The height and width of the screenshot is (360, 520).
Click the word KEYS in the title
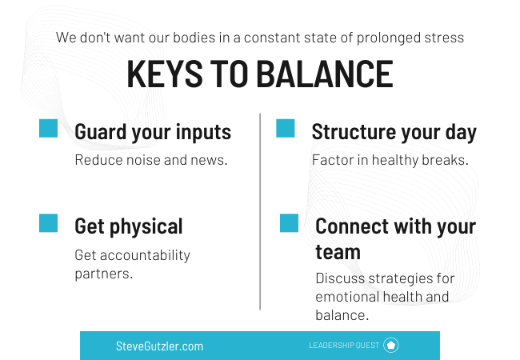click(x=165, y=74)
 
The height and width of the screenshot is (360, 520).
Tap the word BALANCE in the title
click(x=325, y=74)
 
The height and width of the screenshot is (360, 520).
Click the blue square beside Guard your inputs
click(x=49, y=128)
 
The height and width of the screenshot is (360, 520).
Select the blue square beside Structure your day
click(x=286, y=128)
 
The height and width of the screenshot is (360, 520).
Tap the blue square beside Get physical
click(x=49, y=222)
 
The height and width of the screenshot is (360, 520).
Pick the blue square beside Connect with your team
click(x=289, y=222)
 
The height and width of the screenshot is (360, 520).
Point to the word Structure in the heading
click(x=354, y=132)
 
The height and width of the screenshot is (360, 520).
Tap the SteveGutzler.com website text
click(x=159, y=346)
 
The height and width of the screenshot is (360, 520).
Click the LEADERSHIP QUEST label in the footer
click(x=344, y=346)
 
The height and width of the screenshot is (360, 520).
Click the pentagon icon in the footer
click(x=391, y=345)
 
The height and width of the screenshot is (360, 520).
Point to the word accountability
click(x=145, y=255)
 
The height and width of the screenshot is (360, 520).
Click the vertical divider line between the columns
click(x=260, y=211)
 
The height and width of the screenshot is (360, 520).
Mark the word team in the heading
click(x=338, y=252)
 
